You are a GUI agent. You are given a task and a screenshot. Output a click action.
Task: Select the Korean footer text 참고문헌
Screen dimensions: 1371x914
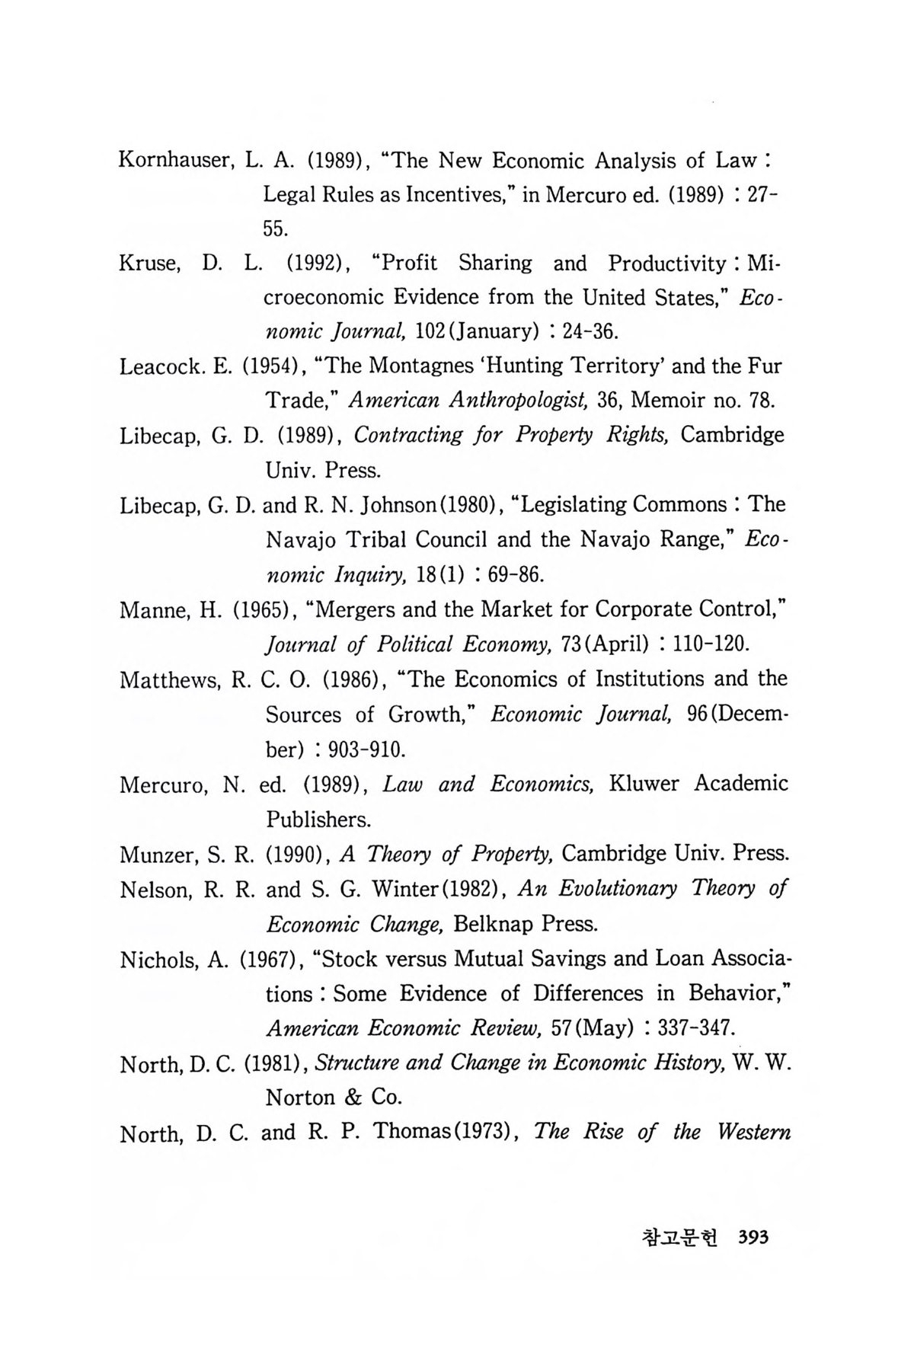[685, 1238]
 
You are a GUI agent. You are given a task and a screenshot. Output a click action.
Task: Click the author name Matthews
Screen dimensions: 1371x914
[169, 680]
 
